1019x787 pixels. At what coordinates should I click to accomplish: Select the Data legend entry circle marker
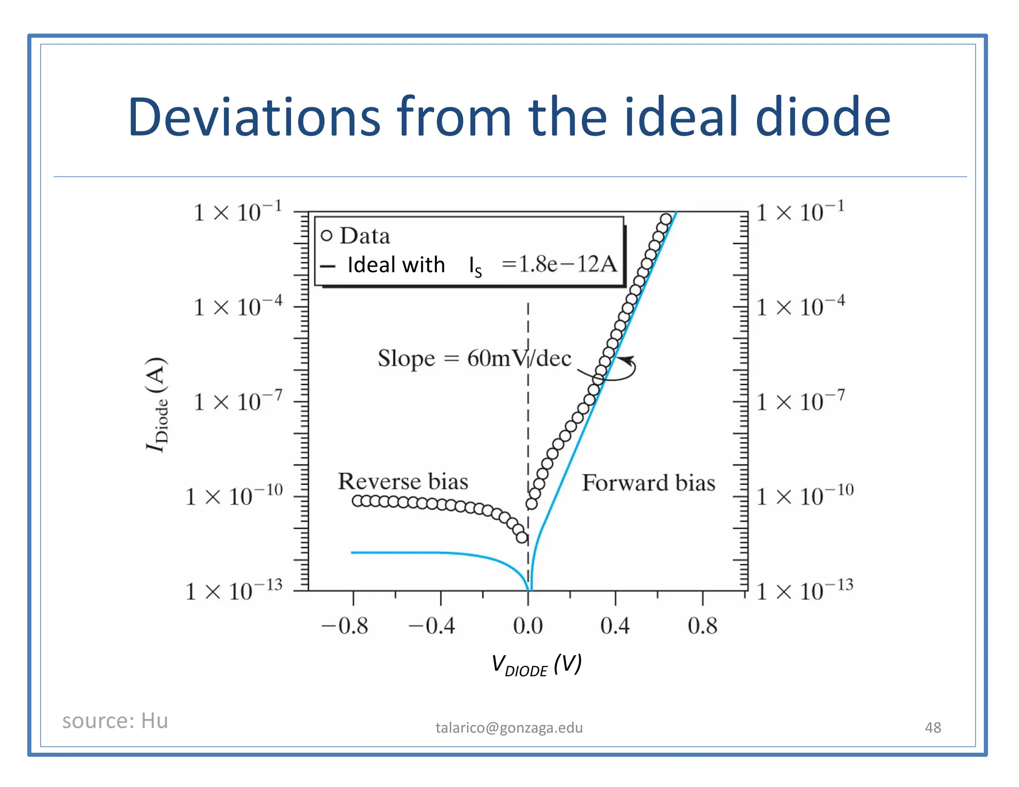coord(326,236)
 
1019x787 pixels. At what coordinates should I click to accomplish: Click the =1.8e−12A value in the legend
coord(559,264)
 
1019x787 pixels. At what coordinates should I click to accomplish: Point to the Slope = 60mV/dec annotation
coord(474,359)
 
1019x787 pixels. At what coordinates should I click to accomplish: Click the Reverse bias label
coord(403,482)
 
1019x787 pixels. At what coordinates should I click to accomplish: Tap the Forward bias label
coord(648,483)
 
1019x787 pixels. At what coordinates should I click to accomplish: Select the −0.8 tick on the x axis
coord(345,626)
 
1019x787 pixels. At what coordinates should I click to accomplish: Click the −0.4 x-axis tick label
coord(432,626)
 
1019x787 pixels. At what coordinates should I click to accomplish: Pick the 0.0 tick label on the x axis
coord(528,626)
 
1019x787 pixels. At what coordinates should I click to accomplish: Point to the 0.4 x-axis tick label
coord(615,626)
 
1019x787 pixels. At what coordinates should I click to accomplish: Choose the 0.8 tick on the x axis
coord(703,626)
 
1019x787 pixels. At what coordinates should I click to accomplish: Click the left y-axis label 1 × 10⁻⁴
coord(238,306)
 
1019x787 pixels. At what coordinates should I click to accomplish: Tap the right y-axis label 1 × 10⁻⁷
coord(800,401)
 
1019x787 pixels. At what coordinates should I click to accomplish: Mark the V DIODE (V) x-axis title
coord(536,665)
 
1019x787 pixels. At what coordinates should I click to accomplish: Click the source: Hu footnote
coord(115,721)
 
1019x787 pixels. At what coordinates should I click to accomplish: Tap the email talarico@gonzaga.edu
coord(509,728)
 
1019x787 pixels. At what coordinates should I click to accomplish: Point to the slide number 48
coord(932,728)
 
